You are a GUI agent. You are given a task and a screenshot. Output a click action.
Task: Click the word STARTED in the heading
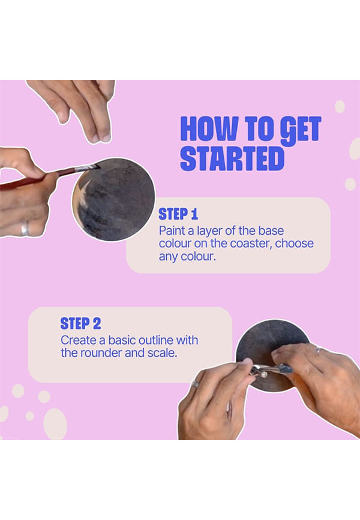pyautogui.click(x=232, y=159)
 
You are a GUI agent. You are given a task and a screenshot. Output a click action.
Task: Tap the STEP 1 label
pyautogui.click(x=178, y=214)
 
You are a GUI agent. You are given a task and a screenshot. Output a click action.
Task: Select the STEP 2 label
pyautogui.click(x=80, y=324)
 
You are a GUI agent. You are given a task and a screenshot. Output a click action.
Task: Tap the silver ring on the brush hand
pyautogui.click(x=25, y=229)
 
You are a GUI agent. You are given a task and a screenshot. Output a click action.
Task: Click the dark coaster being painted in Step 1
pyautogui.click(x=114, y=199)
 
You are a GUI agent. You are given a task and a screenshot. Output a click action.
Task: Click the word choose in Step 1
pyautogui.click(x=295, y=243)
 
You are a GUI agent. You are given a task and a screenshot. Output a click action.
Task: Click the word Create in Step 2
pyautogui.click(x=78, y=340)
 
